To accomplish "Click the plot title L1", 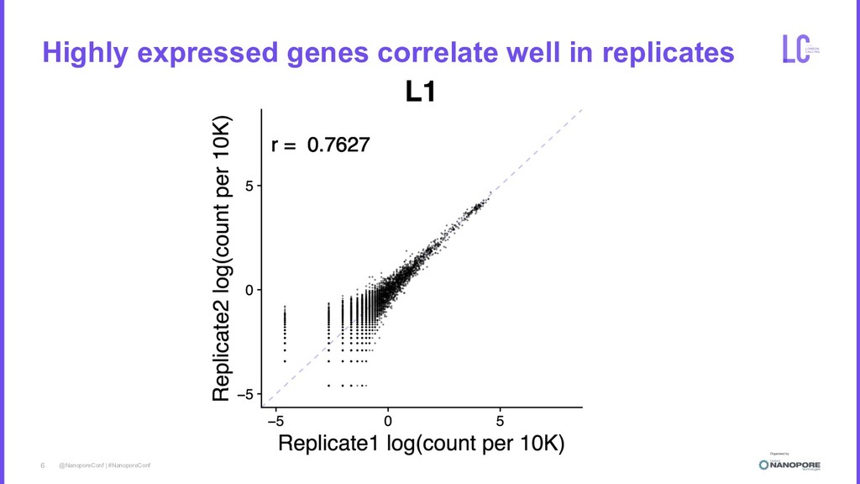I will [x=420, y=91].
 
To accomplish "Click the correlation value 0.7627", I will [x=338, y=146].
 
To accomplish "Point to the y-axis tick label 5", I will [x=249, y=186].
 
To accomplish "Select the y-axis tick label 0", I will [x=249, y=290].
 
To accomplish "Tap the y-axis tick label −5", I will [x=245, y=395].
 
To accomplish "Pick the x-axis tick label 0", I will [x=387, y=419].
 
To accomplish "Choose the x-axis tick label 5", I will [x=500, y=419].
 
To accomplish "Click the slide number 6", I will [x=43, y=465].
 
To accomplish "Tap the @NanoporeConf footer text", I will [x=80, y=465].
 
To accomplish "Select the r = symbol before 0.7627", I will [x=283, y=146].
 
